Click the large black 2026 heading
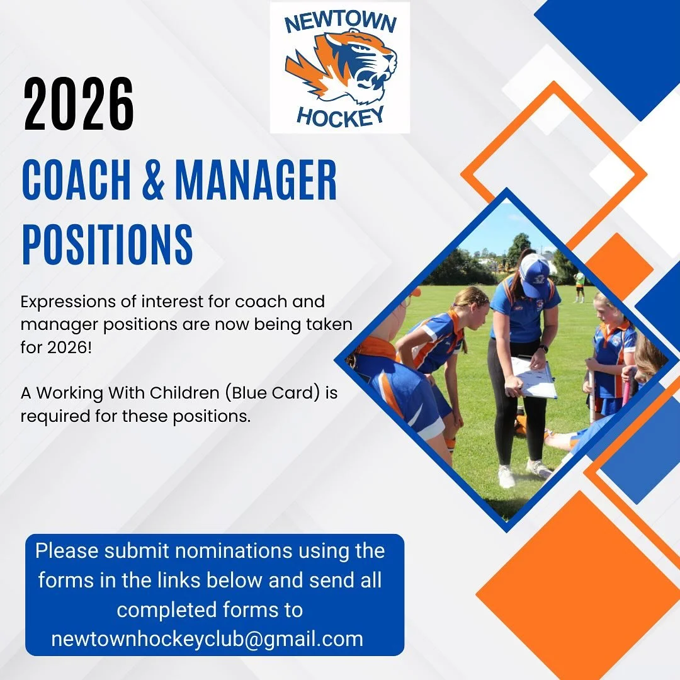click(79, 105)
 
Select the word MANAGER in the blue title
click(256, 181)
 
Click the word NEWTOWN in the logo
click(340, 23)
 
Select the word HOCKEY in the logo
click(340, 117)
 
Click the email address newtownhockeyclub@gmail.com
click(207, 639)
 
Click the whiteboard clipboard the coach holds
click(534, 378)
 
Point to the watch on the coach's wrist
click(543, 348)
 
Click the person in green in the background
click(579, 285)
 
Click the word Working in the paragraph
click(70, 393)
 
